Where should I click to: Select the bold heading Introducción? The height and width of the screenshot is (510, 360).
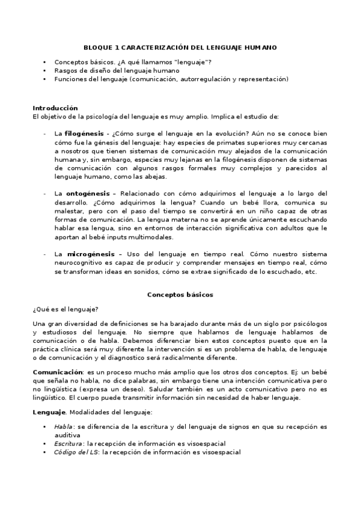55,108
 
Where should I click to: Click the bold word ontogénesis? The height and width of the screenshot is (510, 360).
85,194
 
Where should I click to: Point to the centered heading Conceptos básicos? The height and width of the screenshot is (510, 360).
180,295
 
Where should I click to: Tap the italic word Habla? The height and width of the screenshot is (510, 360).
63,426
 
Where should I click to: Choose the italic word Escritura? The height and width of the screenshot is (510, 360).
68,443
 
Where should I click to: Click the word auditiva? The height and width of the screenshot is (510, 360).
68,435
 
